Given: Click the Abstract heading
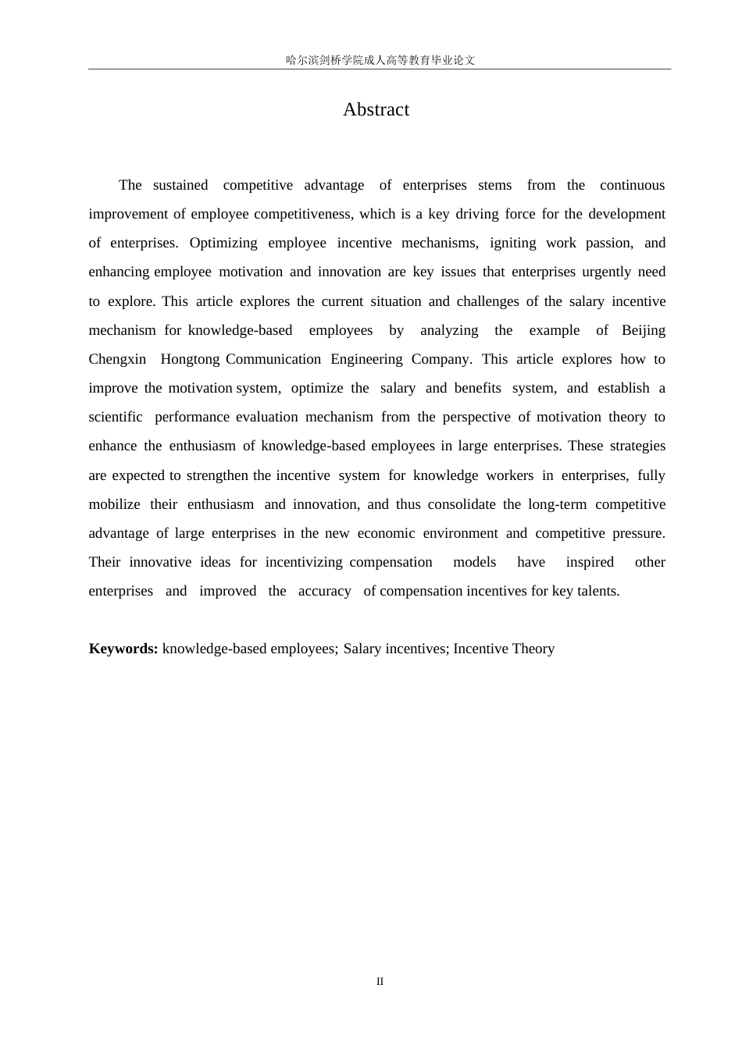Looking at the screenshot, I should click(x=376, y=109).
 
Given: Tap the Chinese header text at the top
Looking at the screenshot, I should click(x=380, y=60).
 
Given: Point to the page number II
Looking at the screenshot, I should click(x=380, y=981).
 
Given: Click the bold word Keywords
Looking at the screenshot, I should click(x=123, y=649).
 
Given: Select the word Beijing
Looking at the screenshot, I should click(x=644, y=330).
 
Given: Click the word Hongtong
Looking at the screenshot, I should click(x=190, y=359).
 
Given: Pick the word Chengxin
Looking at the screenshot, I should click(x=117, y=359).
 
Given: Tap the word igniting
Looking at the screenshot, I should click(x=512, y=243).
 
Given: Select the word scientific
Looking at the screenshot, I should click(x=116, y=417).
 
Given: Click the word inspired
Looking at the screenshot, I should click(x=590, y=562).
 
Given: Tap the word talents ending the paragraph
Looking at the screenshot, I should click(x=598, y=591).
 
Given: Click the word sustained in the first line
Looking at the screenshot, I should click(x=180, y=185).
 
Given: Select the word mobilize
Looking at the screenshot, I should click(x=114, y=504).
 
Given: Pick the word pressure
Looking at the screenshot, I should click(x=639, y=533).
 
